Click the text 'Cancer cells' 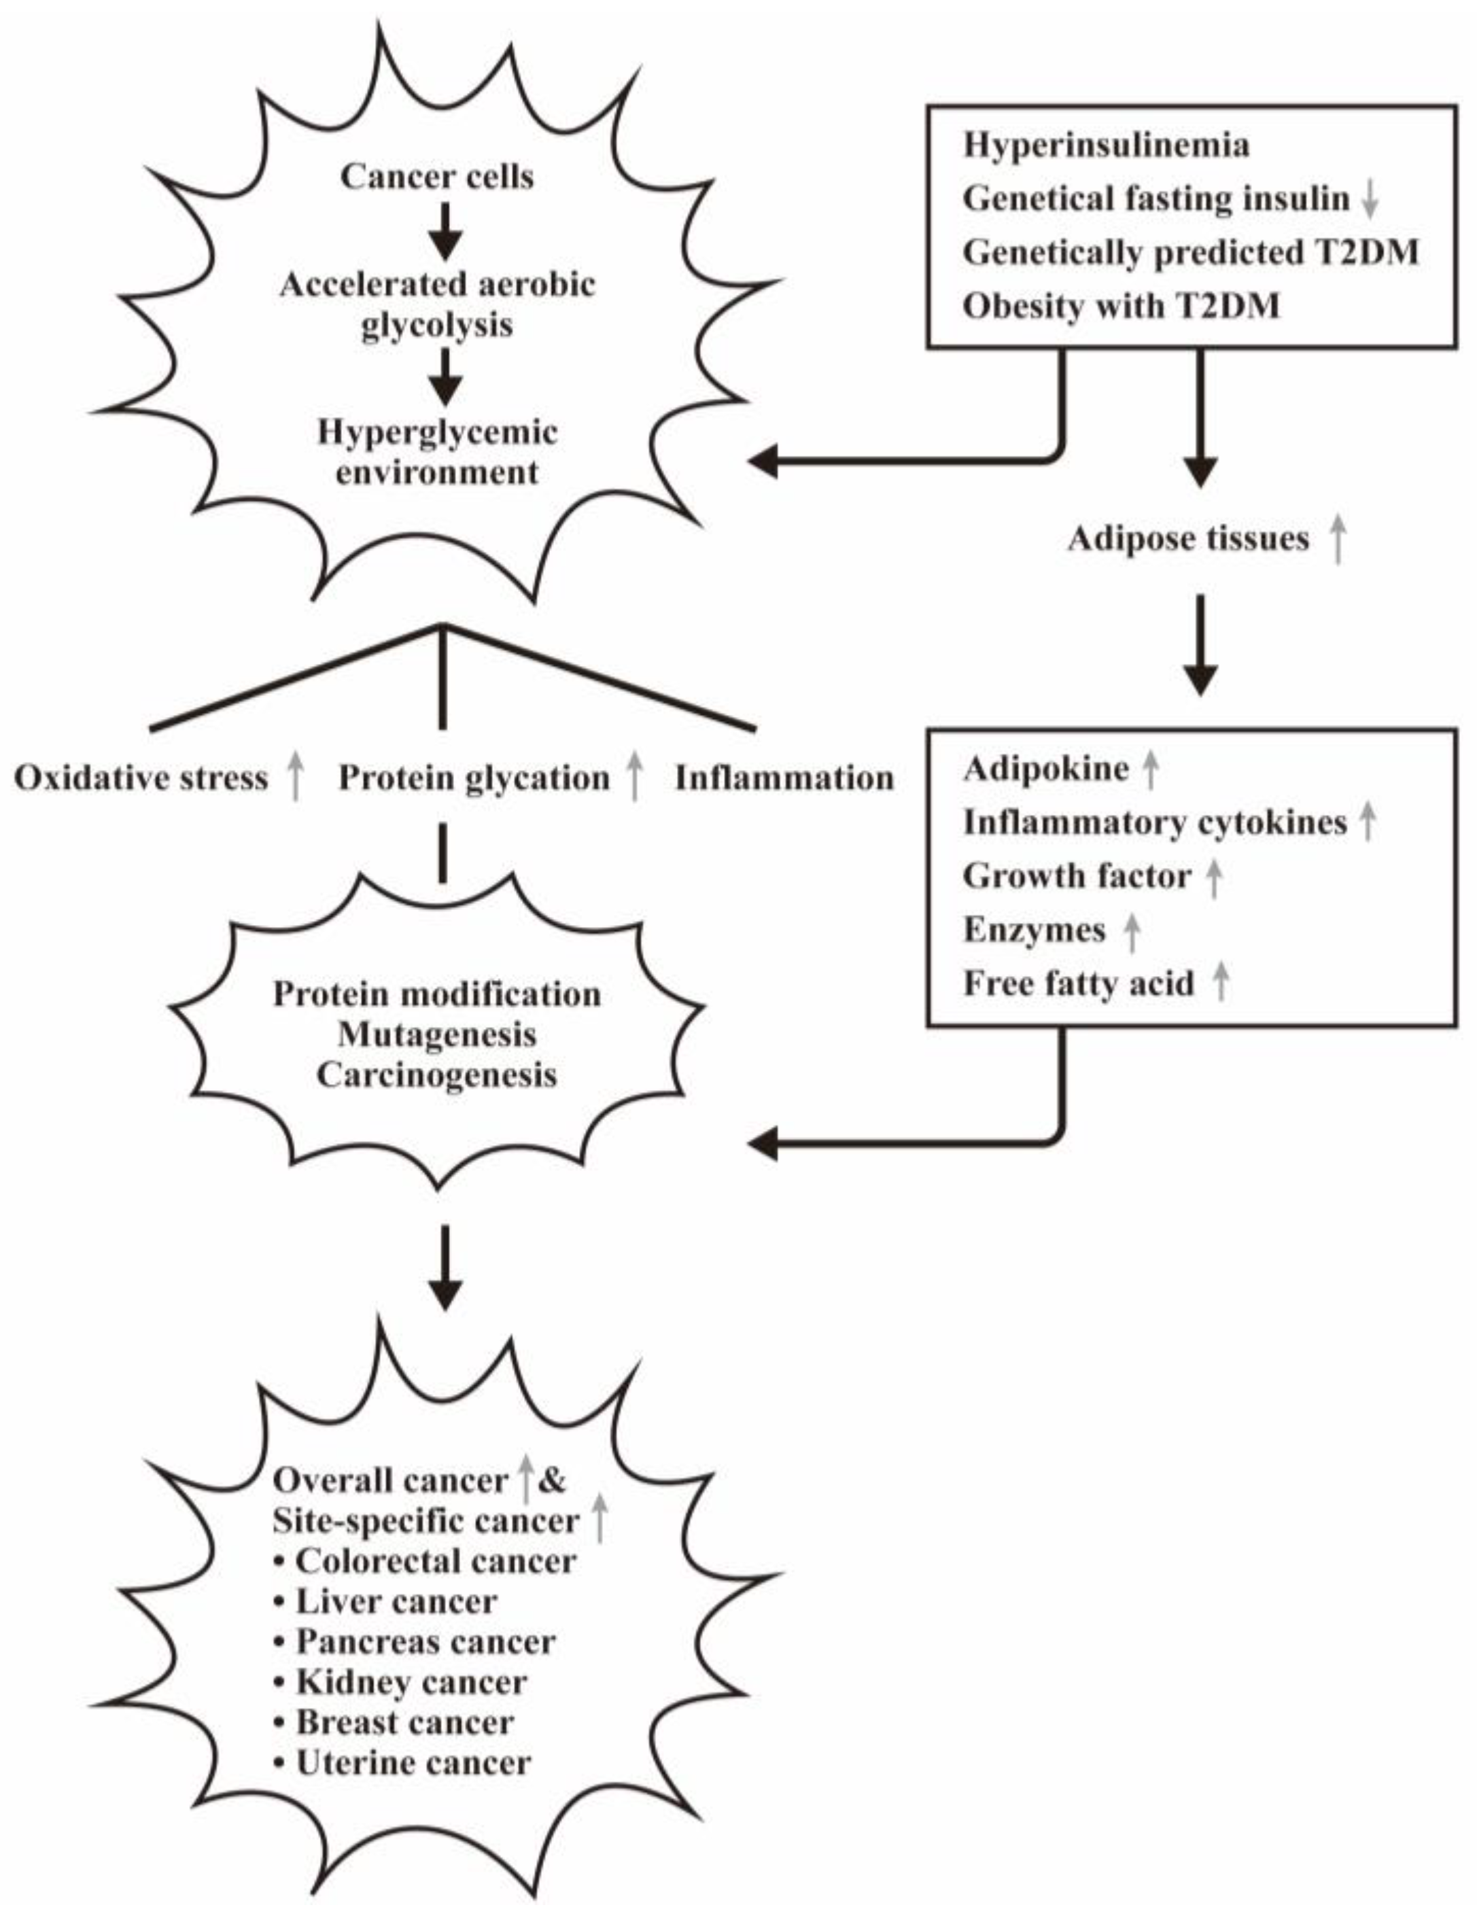(x=437, y=177)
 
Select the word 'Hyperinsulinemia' (x=1106, y=145)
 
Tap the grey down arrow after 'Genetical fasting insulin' (x=1369, y=200)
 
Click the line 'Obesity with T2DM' (x=1121, y=306)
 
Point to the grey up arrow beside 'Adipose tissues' (x=1337, y=538)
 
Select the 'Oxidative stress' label (x=141, y=778)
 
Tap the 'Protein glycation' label (x=474, y=778)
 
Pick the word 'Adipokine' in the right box (x=1046, y=769)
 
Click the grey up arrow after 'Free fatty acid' (x=1220, y=982)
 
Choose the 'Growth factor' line (x=1077, y=875)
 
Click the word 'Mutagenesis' (x=437, y=1034)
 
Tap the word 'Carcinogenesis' (x=437, y=1075)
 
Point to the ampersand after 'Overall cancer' (x=551, y=1480)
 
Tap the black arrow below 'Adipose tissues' (x=1200, y=646)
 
